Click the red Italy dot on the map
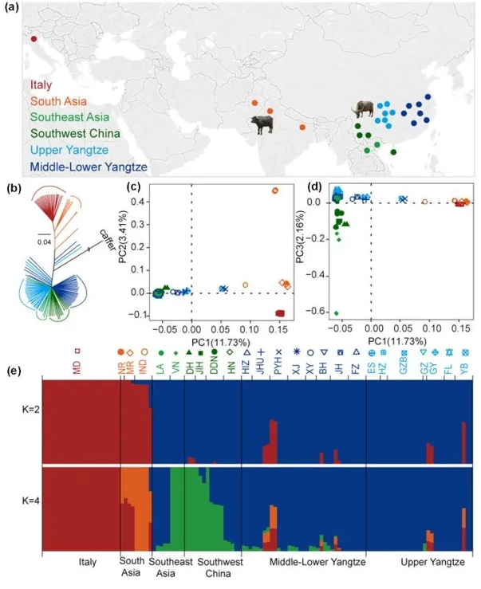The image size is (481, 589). [x=34, y=38]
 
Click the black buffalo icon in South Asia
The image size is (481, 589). [x=262, y=124]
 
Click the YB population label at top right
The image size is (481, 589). [x=465, y=368]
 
